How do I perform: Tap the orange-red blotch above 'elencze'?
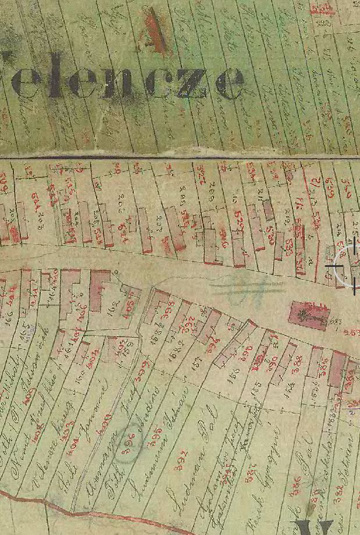tap(154, 29)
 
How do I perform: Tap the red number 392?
tap(181, 459)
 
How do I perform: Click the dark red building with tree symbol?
tap(309, 315)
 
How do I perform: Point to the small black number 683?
tap(336, 321)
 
